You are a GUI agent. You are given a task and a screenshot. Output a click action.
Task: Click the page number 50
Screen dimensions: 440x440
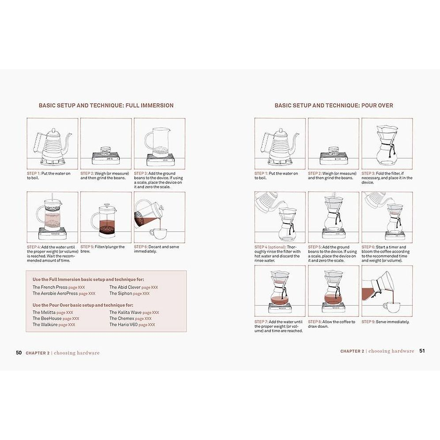(x=19, y=353)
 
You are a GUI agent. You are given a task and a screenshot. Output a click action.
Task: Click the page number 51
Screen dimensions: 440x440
(x=422, y=351)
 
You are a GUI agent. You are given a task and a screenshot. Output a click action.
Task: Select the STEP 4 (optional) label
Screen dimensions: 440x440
(x=271, y=247)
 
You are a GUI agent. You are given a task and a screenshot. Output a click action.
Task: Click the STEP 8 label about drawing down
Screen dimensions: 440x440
(x=331, y=324)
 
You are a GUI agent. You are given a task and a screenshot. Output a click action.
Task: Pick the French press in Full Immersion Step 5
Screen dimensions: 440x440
(x=105, y=219)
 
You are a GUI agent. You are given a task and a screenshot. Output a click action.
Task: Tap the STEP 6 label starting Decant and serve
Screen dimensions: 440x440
(x=156, y=249)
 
